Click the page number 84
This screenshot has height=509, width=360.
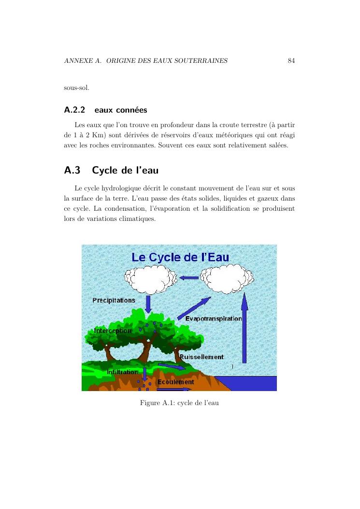291,61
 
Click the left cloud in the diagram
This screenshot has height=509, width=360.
151,279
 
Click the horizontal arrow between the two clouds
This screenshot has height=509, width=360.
189,278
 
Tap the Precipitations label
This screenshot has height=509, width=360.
114,300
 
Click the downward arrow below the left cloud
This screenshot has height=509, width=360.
148,304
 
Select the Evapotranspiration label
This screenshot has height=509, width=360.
214,319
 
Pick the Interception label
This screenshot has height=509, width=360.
112,331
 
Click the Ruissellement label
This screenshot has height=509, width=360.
202,357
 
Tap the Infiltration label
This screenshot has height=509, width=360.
122,372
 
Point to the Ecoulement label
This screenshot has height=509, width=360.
176,382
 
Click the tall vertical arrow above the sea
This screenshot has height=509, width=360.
245,329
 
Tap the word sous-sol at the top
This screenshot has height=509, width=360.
73,88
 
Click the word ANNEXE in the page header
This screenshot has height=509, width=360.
77,61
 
